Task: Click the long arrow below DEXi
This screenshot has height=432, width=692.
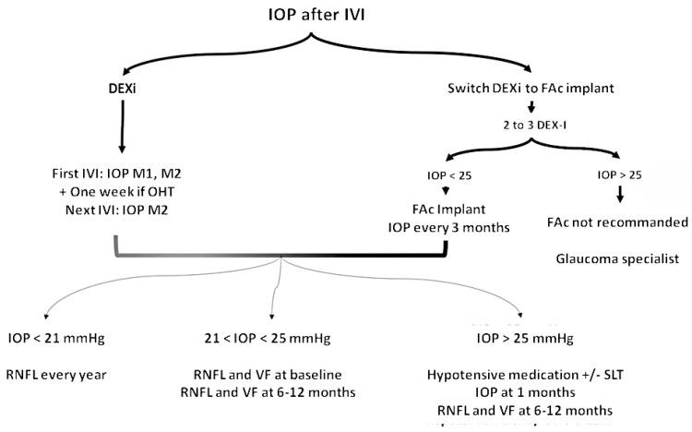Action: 122,129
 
